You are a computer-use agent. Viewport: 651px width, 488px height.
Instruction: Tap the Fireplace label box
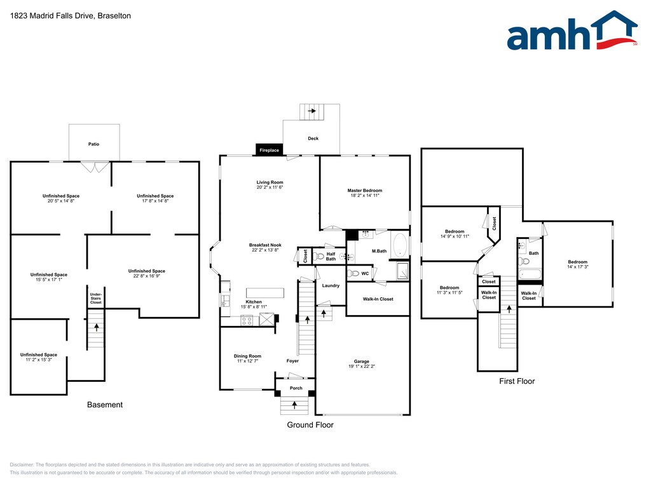click(269, 151)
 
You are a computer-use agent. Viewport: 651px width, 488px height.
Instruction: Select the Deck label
click(313, 139)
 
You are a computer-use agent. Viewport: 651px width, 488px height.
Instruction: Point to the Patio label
click(93, 144)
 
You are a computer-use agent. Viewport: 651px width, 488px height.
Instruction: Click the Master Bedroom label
click(364, 191)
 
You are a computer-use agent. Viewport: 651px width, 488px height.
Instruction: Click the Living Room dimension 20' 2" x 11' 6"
click(270, 187)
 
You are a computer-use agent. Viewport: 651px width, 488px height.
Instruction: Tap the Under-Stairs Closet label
click(95, 299)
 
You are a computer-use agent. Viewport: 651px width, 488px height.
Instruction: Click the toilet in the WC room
click(353, 274)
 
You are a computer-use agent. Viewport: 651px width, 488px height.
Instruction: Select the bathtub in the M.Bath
click(400, 246)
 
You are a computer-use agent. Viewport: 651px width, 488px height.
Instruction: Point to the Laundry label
click(331, 286)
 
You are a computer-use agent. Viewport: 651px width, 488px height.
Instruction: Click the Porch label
click(296, 388)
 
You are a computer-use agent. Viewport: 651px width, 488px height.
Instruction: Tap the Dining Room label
click(248, 356)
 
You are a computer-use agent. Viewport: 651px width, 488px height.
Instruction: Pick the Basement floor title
click(105, 405)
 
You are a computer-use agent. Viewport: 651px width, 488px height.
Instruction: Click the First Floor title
click(517, 381)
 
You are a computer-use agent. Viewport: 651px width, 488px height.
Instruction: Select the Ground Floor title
click(310, 425)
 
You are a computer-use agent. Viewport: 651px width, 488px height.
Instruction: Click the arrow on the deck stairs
click(312, 111)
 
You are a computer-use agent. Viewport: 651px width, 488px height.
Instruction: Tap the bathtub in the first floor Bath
click(530, 275)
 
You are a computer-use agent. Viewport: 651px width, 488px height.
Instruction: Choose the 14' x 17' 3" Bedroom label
click(578, 262)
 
